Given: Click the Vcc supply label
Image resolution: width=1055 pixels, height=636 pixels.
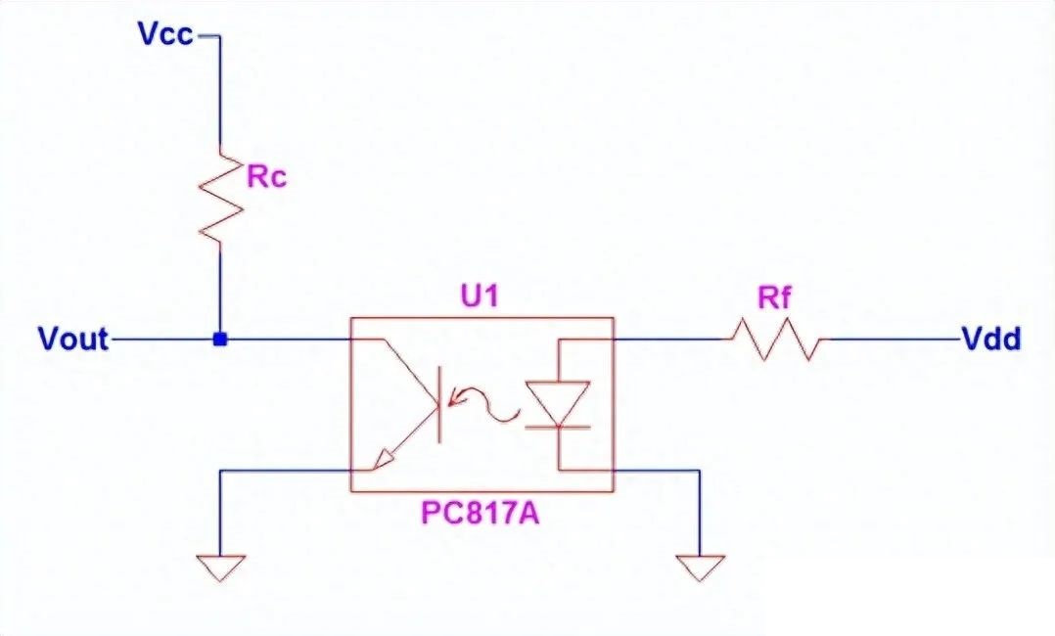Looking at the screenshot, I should [x=165, y=35].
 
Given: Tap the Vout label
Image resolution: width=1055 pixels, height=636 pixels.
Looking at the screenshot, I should [x=73, y=340].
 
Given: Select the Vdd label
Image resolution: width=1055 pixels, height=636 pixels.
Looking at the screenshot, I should [x=992, y=340].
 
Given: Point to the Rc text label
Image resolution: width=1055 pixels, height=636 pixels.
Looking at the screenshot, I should [x=266, y=178].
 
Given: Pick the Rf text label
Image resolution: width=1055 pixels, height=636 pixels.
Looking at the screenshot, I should [x=774, y=298].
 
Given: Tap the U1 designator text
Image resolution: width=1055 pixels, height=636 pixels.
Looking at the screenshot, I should [x=480, y=295].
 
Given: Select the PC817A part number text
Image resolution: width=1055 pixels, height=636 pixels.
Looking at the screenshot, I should [x=482, y=514].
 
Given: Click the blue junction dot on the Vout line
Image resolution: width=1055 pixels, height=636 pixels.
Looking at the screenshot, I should [x=220, y=340].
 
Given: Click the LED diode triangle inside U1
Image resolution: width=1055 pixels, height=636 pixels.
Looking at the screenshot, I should [x=558, y=401].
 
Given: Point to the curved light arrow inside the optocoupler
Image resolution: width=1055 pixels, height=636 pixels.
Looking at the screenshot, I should [x=489, y=403].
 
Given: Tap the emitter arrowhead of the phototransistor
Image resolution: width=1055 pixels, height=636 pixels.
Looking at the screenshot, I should [x=389, y=454].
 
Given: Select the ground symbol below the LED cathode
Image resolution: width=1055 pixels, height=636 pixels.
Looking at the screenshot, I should [x=700, y=566].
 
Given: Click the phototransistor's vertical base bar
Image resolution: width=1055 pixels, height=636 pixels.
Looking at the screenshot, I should [x=437, y=403].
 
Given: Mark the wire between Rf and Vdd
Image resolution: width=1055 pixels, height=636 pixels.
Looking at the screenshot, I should [x=895, y=340].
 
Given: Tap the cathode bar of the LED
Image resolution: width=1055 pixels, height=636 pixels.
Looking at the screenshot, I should [x=558, y=427].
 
